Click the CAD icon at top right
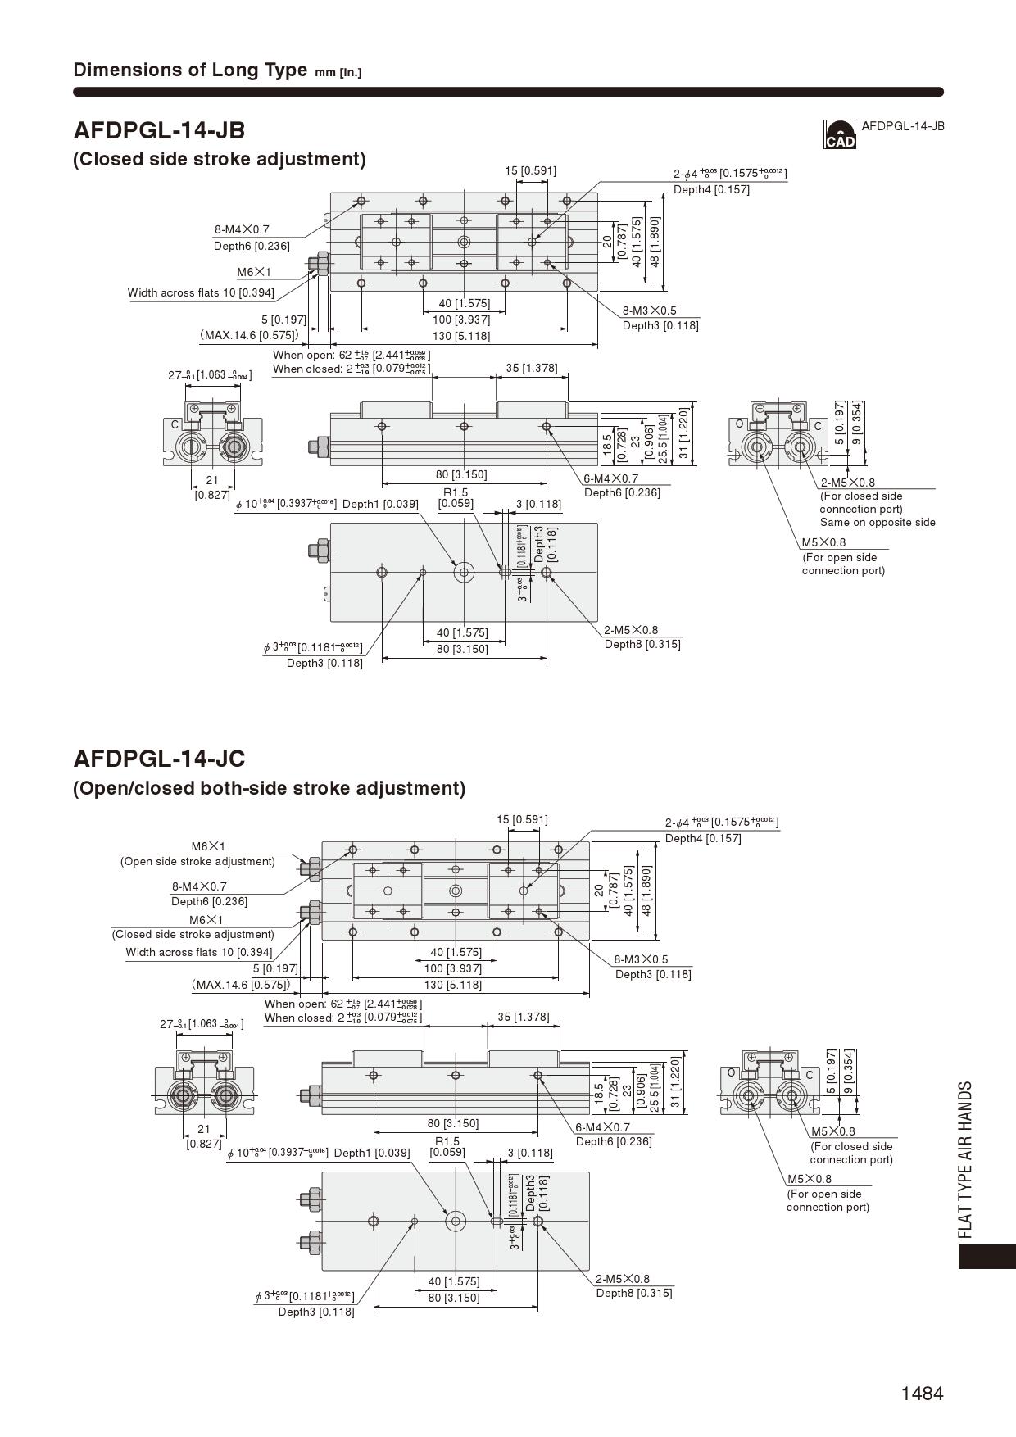click(839, 135)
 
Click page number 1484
click(922, 1394)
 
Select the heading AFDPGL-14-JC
click(159, 759)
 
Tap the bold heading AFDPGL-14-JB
click(159, 130)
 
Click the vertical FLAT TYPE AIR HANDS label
click(966, 1159)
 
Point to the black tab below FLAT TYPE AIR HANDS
click(987, 1257)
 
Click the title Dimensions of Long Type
click(190, 70)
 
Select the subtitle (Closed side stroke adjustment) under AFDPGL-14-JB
click(220, 159)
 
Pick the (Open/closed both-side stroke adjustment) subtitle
click(269, 788)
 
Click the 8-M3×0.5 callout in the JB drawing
click(650, 311)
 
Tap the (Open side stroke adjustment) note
click(197, 861)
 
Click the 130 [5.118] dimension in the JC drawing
click(454, 985)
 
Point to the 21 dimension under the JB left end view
click(212, 481)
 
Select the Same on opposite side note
click(878, 522)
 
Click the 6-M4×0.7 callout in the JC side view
click(602, 1127)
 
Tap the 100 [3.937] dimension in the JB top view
click(461, 320)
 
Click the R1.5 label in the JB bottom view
click(456, 492)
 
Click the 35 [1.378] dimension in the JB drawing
click(532, 368)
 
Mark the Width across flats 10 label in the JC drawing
click(199, 952)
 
